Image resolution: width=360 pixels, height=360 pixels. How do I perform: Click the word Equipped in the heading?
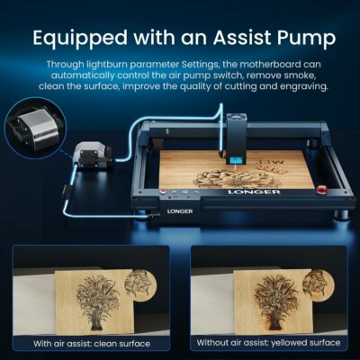click(80, 39)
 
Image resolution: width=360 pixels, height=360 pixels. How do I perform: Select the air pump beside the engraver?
click(92, 155)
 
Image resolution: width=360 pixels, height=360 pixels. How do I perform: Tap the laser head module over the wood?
click(238, 139)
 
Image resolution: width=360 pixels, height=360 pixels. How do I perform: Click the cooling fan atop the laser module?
click(237, 117)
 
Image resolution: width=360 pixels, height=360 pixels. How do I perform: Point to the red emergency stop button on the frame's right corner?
click(322, 189)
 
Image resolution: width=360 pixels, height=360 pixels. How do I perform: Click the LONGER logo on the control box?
click(180, 211)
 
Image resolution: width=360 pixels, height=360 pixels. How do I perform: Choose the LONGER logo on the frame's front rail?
click(254, 192)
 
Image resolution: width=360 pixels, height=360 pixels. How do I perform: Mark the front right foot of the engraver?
click(341, 215)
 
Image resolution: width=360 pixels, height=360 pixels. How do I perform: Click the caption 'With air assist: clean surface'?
click(92, 344)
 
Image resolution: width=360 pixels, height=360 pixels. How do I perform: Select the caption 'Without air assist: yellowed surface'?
click(268, 343)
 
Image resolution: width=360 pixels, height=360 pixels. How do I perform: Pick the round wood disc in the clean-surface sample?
click(140, 284)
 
